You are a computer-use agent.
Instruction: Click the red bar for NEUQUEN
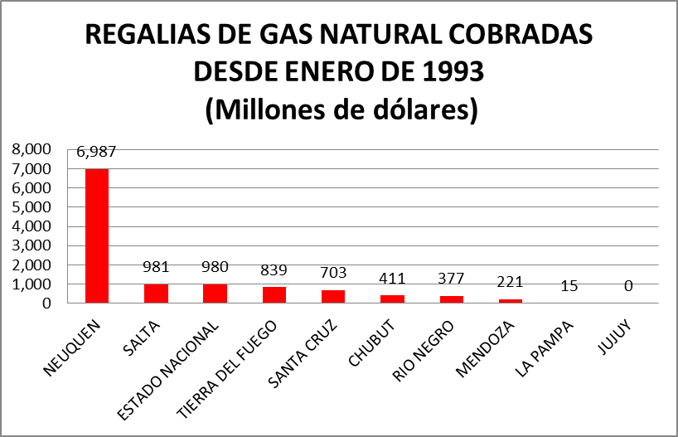click(x=96, y=235)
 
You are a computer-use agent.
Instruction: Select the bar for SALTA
click(x=156, y=294)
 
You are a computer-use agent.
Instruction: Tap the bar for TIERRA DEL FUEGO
click(x=274, y=294)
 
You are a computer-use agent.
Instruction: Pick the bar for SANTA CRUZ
click(x=333, y=296)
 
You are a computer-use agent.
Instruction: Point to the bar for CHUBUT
click(x=392, y=299)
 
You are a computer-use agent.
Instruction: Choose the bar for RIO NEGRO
click(x=452, y=299)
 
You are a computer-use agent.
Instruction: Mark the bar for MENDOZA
click(x=511, y=301)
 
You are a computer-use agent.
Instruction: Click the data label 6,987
click(x=96, y=153)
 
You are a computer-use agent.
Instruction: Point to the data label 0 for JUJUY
click(x=629, y=285)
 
